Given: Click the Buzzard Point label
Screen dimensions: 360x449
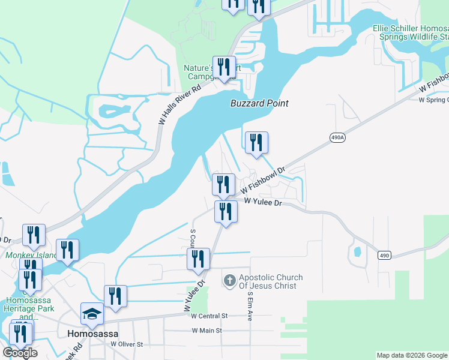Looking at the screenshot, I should pos(259,103).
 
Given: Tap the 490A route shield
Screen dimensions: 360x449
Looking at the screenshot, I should pos(338,137).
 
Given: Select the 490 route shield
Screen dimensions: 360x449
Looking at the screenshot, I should pos(385,256).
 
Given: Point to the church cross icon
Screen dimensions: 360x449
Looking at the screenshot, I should pos(229,280).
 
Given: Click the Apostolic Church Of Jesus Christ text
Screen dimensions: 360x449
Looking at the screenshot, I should pos(271,281).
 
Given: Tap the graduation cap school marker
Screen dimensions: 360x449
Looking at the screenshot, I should pos(92,314).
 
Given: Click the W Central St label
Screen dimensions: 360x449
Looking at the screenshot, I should pos(209,316).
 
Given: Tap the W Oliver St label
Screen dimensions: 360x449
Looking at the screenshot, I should pos(127,344).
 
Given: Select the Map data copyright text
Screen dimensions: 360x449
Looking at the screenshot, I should pos(411,355).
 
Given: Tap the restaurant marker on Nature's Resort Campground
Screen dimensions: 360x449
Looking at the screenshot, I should pos(224,68).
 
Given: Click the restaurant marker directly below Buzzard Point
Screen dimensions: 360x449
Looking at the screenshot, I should pos(256,143).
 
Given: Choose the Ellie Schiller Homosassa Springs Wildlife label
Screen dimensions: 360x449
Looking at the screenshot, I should pos(411,32).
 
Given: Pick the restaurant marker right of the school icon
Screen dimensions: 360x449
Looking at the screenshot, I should pos(115,297).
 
